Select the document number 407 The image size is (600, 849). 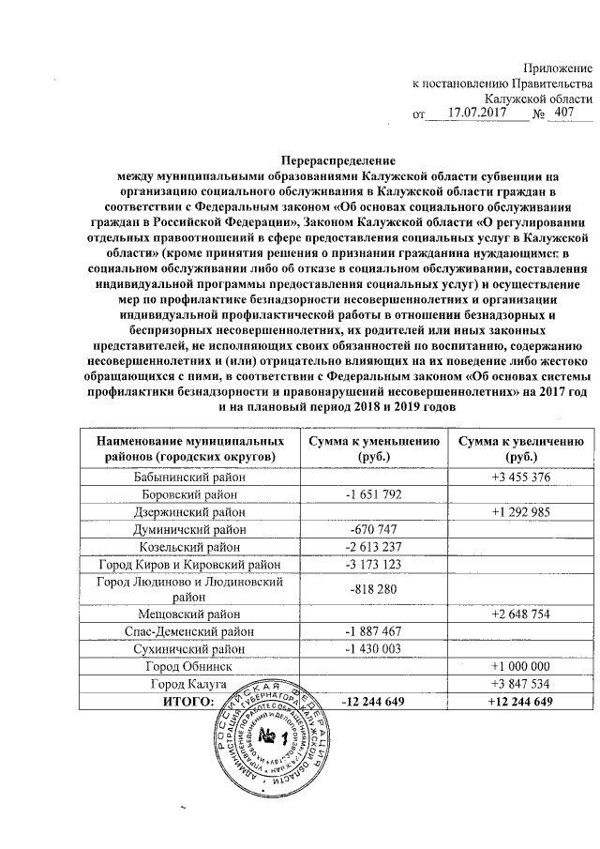pos(566,114)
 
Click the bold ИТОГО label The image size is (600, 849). pos(188,701)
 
